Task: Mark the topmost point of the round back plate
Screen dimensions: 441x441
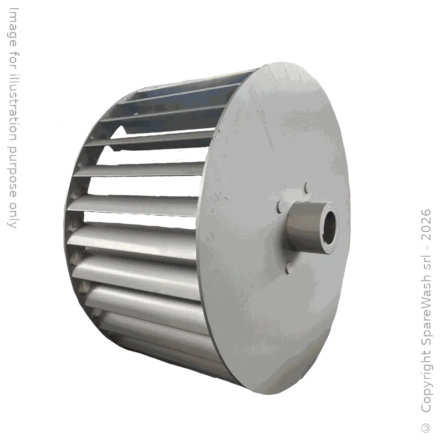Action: [x=282, y=62]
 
